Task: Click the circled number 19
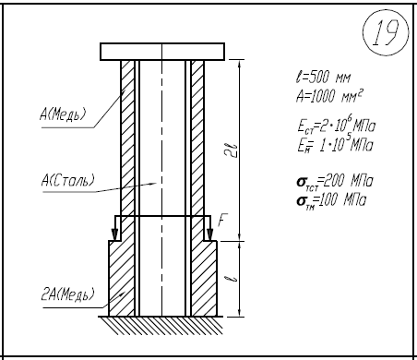pos(386,32)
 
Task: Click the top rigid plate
pos(162,52)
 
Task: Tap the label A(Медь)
pos(63,114)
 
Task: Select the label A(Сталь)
pos(67,181)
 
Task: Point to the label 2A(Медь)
pos(67,294)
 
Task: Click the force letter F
pos(222,221)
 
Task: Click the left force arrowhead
pos(114,234)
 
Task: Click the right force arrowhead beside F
pos(209,234)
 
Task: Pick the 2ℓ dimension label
pos(233,150)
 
